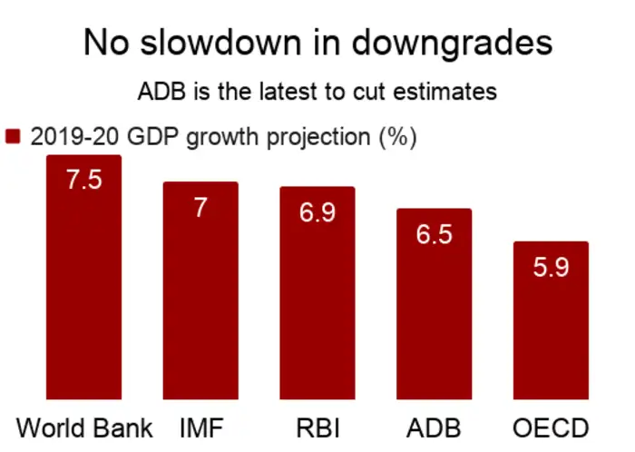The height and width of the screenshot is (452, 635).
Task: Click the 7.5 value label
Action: (83, 179)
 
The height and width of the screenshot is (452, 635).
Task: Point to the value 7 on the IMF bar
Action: (200, 207)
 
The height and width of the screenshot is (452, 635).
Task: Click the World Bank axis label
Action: (85, 427)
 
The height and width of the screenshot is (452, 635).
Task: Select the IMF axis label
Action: (200, 427)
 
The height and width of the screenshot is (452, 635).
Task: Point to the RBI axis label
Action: (317, 427)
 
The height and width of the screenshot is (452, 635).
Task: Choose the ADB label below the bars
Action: (434, 427)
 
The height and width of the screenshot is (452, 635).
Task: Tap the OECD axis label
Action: (551, 427)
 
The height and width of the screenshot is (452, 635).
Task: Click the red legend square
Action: (13, 137)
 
